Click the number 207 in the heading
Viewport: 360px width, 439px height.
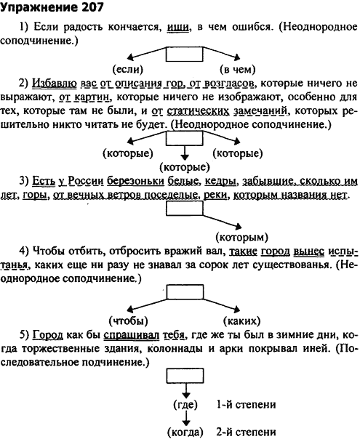(93, 7)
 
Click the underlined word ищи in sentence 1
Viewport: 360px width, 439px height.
(177, 28)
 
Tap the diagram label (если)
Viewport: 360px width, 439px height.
(128, 69)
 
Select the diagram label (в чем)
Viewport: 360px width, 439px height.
(238, 69)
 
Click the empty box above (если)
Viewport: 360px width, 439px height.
(184, 54)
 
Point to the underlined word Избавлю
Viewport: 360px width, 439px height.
(55, 83)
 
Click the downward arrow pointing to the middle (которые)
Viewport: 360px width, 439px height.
(184, 153)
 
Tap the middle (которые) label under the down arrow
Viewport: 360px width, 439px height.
(185, 167)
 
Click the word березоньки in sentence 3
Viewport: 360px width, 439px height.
(135, 181)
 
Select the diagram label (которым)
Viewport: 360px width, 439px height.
(242, 237)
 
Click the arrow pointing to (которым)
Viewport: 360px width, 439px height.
(222, 221)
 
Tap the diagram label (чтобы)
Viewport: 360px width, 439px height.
(129, 321)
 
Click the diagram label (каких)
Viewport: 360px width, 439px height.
(242, 321)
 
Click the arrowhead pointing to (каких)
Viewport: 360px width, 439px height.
(237, 310)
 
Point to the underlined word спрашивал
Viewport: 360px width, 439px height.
(132, 335)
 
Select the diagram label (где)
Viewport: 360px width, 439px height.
(185, 405)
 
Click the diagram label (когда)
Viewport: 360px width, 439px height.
(185, 432)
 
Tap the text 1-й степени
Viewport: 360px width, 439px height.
(247, 405)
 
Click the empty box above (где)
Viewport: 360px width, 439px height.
(185, 376)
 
